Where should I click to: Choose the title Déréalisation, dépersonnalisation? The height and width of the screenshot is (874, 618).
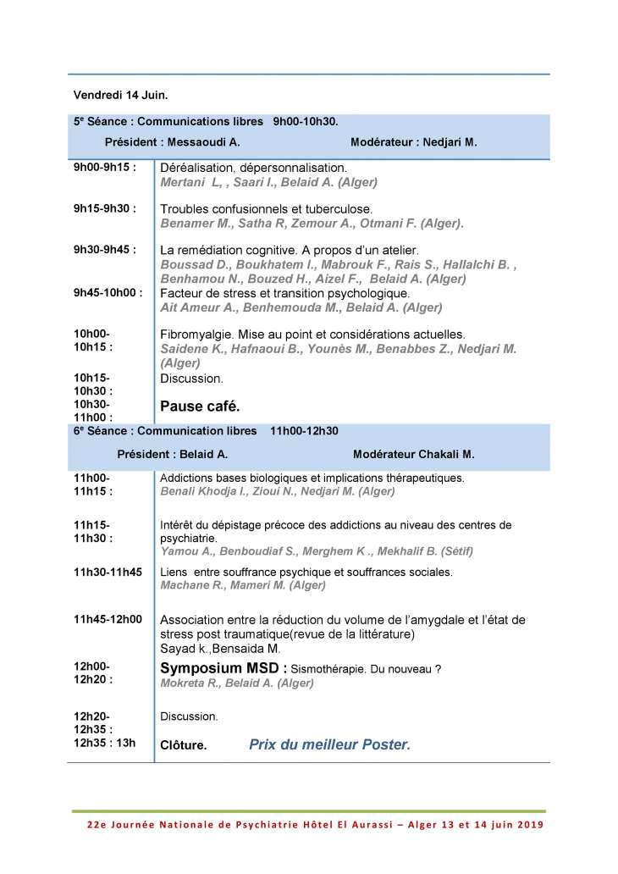(x=253, y=168)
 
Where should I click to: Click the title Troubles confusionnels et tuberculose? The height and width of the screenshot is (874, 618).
(x=266, y=209)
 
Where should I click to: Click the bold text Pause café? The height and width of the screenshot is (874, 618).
(x=200, y=407)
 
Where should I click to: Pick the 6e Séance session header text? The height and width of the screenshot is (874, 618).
(x=206, y=431)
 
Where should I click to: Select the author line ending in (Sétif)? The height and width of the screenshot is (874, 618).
(x=317, y=551)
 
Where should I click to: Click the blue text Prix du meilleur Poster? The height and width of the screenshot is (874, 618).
(x=329, y=745)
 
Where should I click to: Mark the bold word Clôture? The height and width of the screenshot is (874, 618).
(x=183, y=746)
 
